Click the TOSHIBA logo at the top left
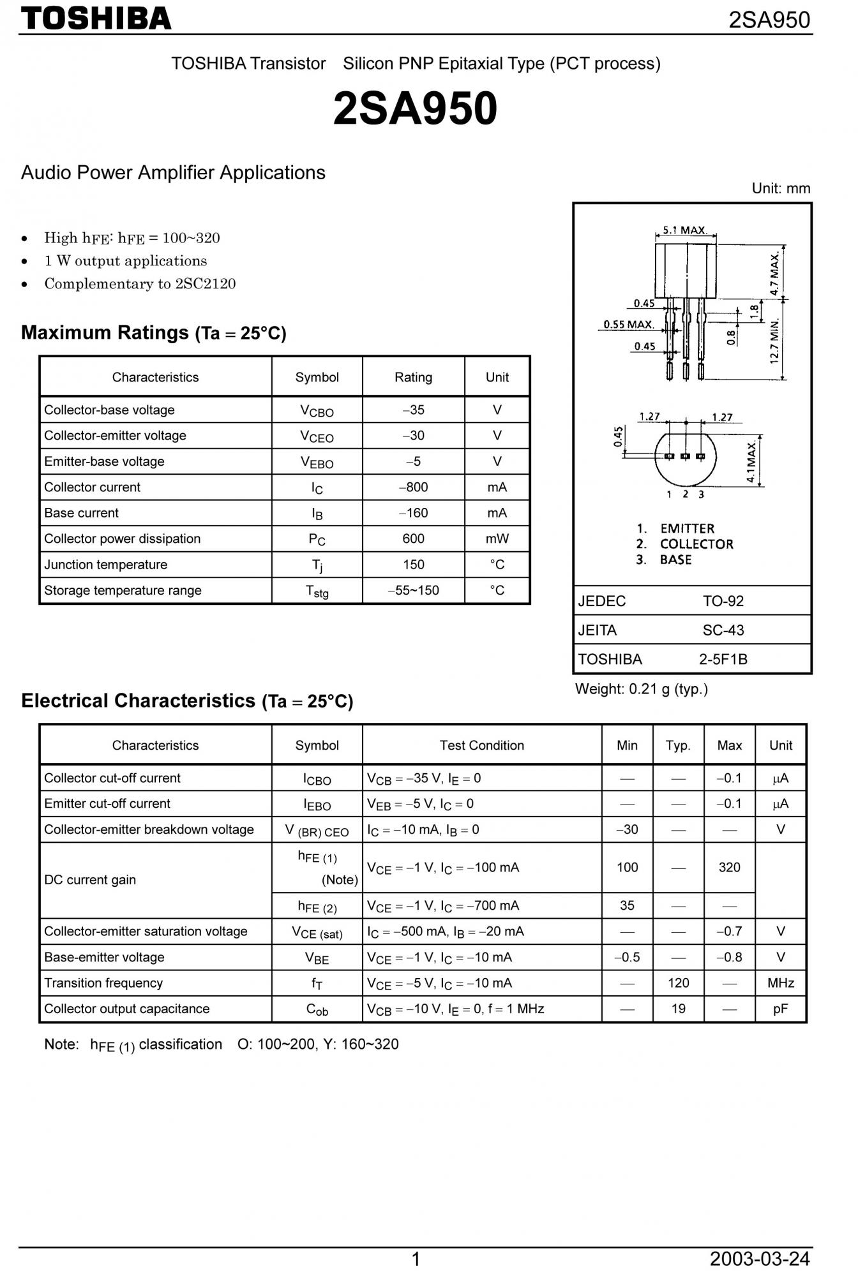click(96, 19)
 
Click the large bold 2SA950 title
click(415, 108)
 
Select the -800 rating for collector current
click(413, 487)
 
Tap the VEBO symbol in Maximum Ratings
click(317, 462)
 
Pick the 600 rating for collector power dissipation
click(413, 539)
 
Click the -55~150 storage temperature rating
click(413, 591)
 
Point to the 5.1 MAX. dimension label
click(684, 230)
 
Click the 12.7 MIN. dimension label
click(775, 341)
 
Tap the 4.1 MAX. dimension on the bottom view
click(751, 461)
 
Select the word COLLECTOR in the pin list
click(696, 544)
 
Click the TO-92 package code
click(723, 601)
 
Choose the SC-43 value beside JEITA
click(723, 630)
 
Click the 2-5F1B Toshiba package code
click(723, 660)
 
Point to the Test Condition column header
click(481, 745)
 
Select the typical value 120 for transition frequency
click(678, 983)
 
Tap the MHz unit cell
click(780, 983)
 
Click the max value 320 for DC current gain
click(729, 868)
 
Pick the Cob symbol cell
click(317, 1009)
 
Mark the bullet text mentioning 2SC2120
click(140, 284)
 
